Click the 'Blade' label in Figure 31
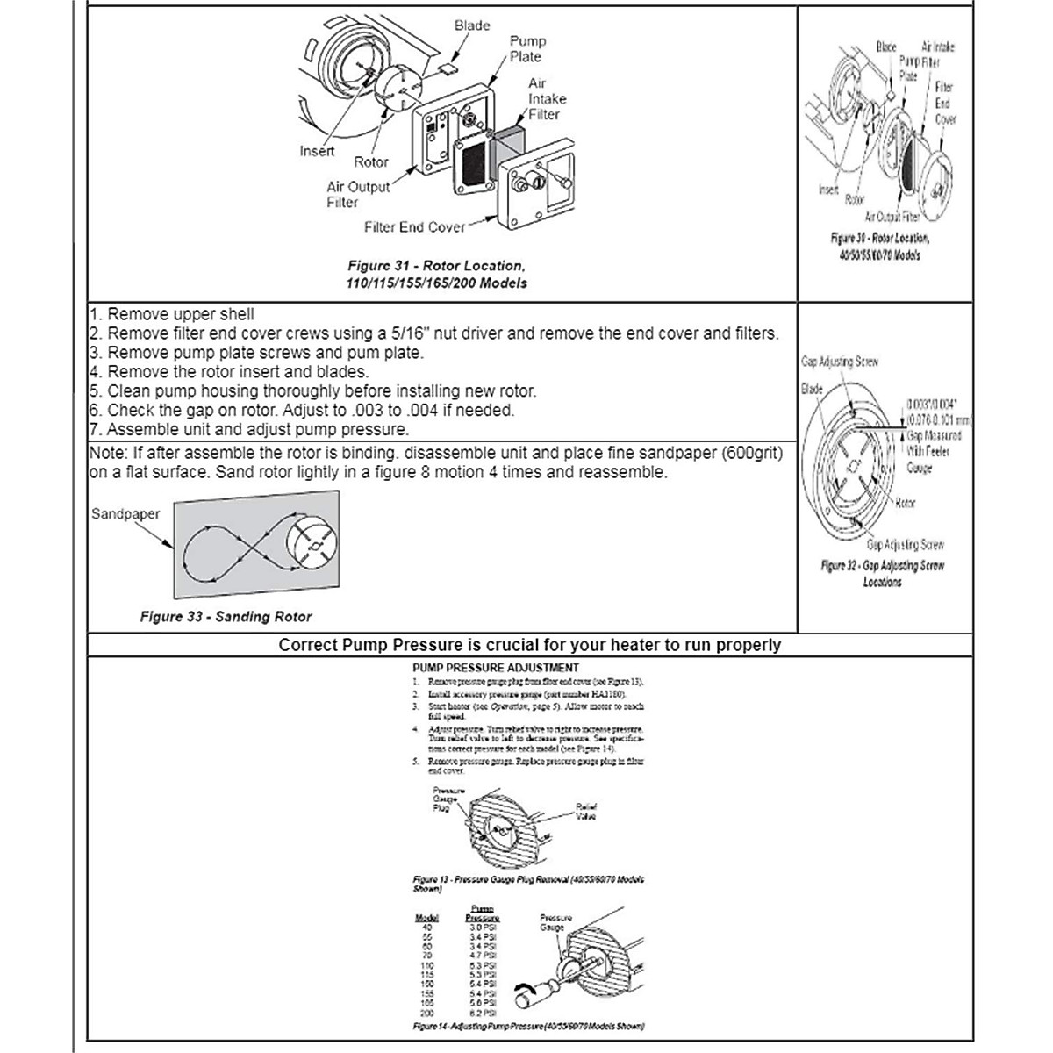(x=472, y=25)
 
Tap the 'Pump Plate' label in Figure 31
(x=527, y=49)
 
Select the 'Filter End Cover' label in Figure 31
(x=414, y=227)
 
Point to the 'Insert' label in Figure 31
(x=317, y=151)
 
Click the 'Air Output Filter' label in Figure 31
(x=357, y=194)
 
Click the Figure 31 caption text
(x=437, y=274)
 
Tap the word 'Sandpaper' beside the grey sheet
(x=125, y=514)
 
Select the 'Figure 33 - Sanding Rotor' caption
(x=226, y=617)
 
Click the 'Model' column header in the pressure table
(x=426, y=918)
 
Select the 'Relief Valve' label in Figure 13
(x=585, y=811)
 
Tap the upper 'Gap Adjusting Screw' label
(x=840, y=362)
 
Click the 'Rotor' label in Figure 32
(x=905, y=504)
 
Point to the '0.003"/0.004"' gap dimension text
(x=936, y=405)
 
